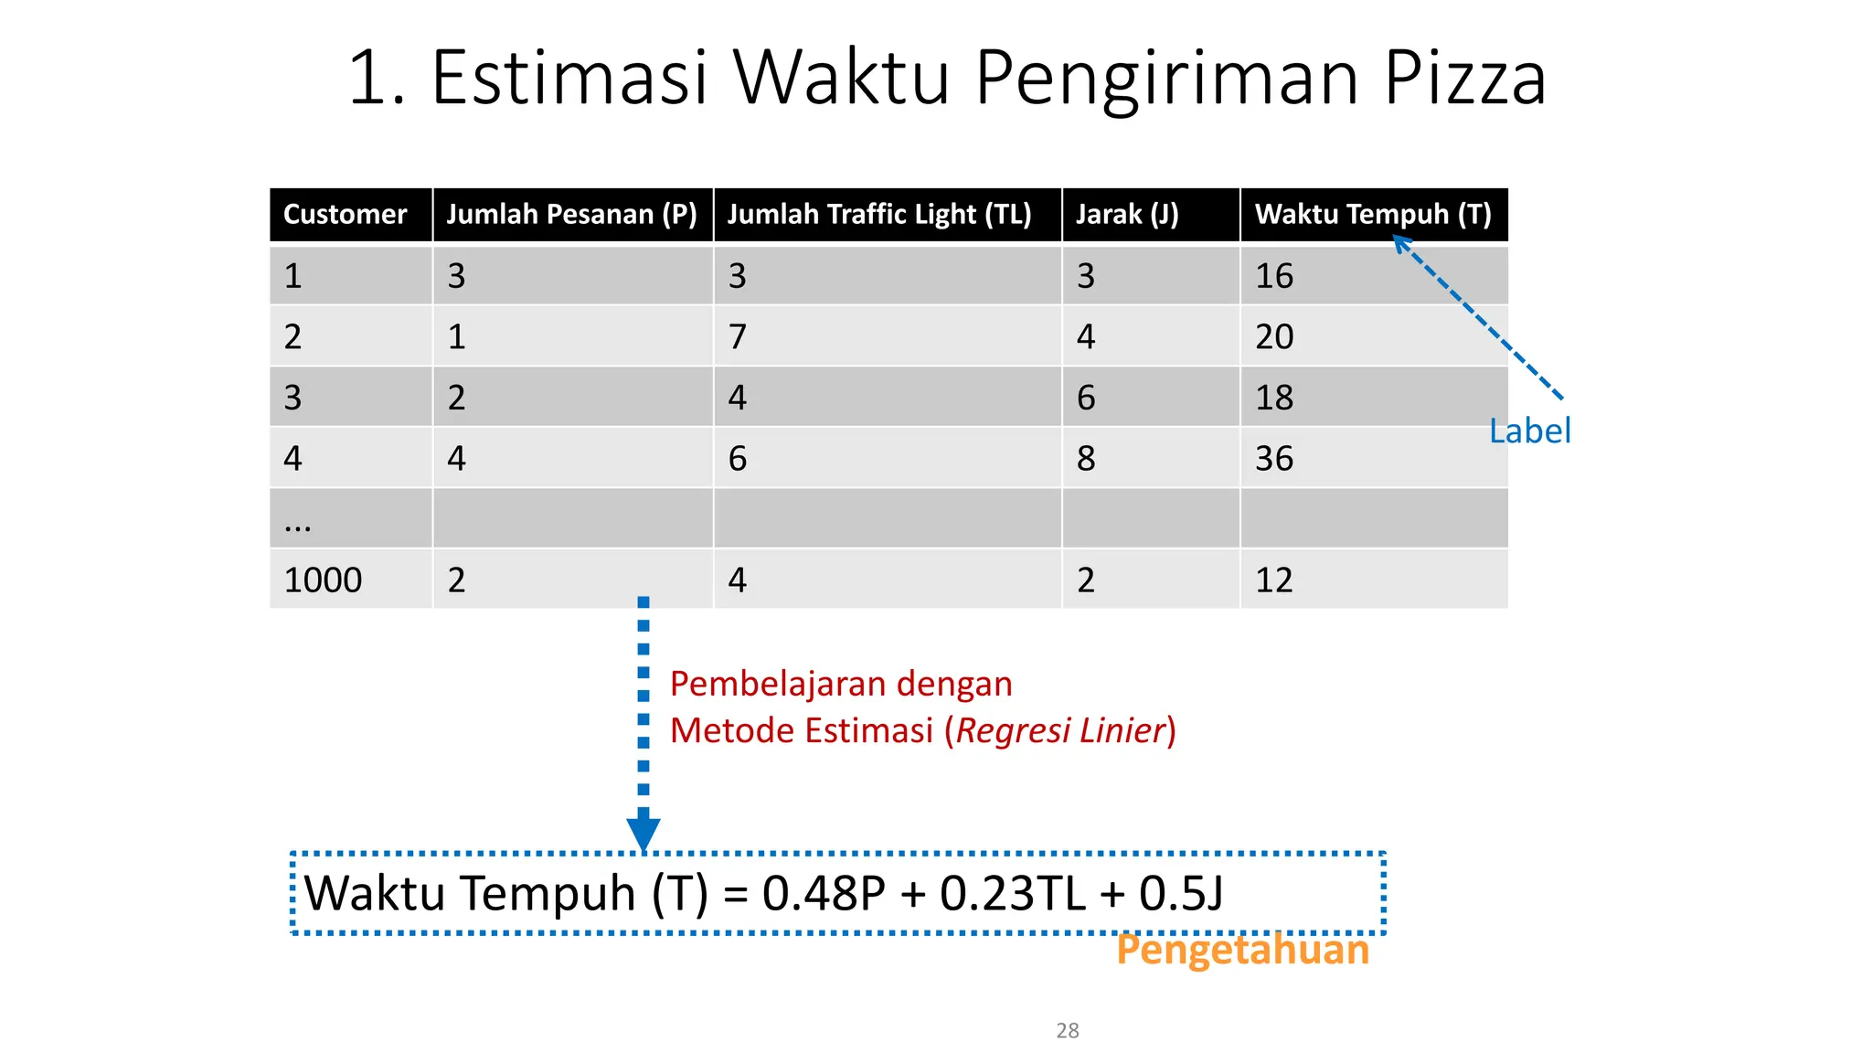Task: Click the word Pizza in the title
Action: point(1464,79)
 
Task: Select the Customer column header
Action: point(345,215)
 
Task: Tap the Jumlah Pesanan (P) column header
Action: point(571,215)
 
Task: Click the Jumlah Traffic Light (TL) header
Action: point(878,215)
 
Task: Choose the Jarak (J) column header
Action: point(1126,215)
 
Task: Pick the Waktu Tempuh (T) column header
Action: point(1372,215)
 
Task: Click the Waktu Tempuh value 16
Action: point(1273,276)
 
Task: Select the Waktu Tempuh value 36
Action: point(1273,458)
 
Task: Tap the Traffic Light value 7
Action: point(737,337)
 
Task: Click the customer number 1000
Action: point(323,580)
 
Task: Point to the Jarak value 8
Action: point(1085,458)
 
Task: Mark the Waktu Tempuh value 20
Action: point(1273,337)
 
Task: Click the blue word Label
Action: point(1529,431)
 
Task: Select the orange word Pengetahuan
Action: point(1242,950)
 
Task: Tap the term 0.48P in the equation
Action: point(824,893)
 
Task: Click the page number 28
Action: point(1067,1030)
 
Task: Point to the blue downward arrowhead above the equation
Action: point(643,833)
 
